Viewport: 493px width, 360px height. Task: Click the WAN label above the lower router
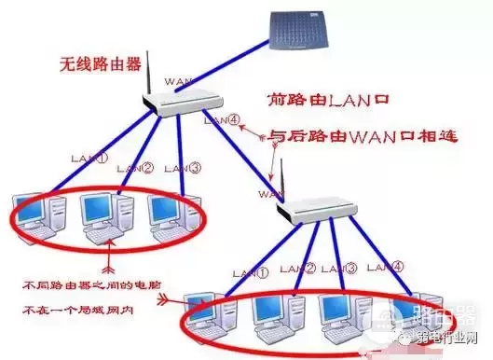[268, 194]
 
